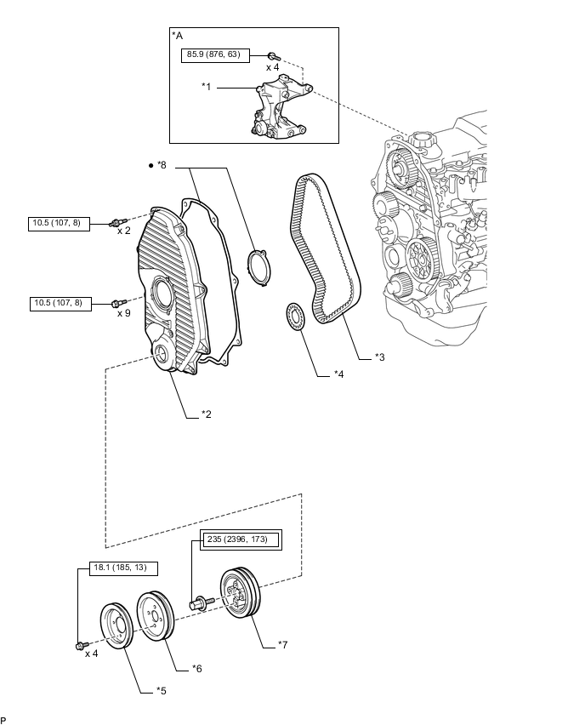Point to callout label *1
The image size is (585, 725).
(x=206, y=87)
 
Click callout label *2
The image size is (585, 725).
(x=206, y=414)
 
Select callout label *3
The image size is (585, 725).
(x=379, y=357)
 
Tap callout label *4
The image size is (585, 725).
(x=338, y=374)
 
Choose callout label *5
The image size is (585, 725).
(x=161, y=691)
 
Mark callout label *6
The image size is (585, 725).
(x=197, y=669)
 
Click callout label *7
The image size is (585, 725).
(x=282, y=644)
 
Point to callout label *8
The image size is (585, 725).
(x=162, y=165)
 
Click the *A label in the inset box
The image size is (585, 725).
(x=178, y=36)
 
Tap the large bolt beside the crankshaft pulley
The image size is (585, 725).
(x=202, y=603)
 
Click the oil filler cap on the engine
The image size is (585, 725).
(x=419, y=140)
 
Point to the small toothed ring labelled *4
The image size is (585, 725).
(x=295, y=317)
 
